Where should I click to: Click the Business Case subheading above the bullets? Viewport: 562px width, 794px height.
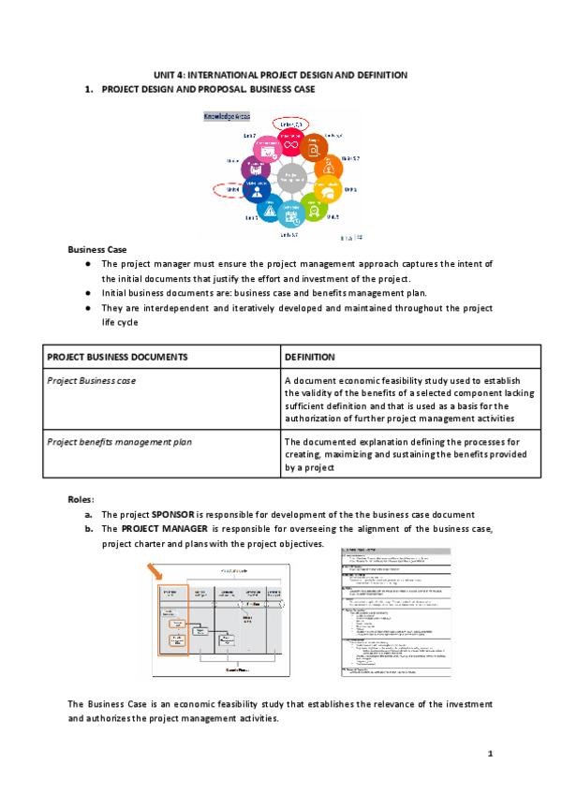pyautogui.click(x=91, y=249)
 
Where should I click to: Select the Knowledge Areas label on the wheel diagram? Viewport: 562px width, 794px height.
pyautogui.click(x=227, y=117)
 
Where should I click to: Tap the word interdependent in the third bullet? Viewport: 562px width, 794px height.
pyautogui.click(x=167, y=307)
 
